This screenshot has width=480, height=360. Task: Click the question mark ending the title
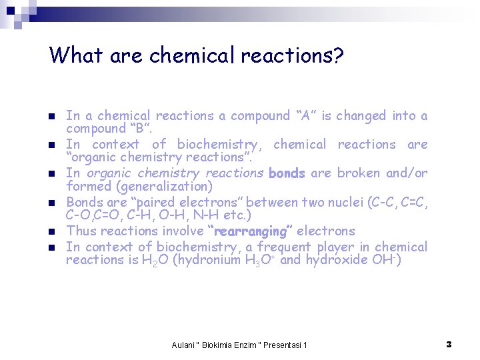337,55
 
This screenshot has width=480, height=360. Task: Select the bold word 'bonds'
287,173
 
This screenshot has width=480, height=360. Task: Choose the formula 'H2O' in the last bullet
155,261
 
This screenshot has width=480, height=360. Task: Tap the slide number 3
449,344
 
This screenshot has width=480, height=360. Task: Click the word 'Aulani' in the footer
183,345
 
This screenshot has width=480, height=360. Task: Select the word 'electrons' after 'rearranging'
326,231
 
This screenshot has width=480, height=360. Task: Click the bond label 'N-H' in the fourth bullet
211,216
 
